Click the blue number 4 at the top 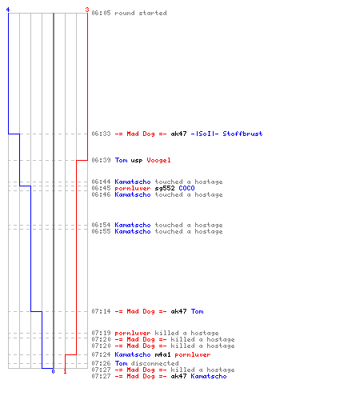8,10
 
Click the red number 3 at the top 87,10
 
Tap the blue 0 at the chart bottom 53,371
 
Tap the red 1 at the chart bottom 65,371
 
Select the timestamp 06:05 101,13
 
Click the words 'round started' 141,13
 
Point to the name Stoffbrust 242,134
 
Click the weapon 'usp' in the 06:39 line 137,161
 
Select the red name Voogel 158,160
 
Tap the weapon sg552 165,188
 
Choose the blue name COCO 186,188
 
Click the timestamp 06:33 101,134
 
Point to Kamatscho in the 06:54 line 133,225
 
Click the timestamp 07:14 101,311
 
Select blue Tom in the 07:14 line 198,311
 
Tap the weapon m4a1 162,354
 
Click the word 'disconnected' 154,363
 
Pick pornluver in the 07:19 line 133,334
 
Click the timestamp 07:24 101,354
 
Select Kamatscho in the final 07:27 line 209,376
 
